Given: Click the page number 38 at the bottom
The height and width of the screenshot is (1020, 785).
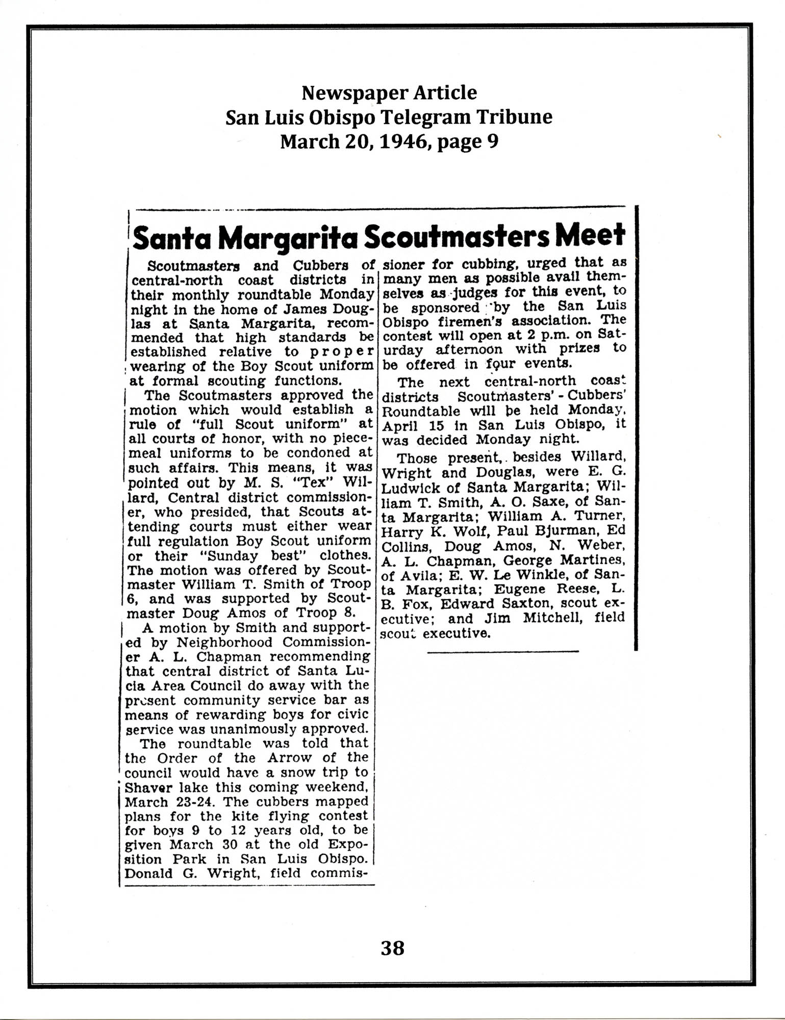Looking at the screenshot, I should click(x=392, y=948).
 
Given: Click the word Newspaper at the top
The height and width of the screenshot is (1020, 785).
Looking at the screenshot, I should click(x=346, y=93).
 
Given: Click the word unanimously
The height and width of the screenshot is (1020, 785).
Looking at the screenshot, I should click(x=265, y=729).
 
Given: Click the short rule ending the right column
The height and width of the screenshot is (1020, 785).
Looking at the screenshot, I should click(x=503, y=651).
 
